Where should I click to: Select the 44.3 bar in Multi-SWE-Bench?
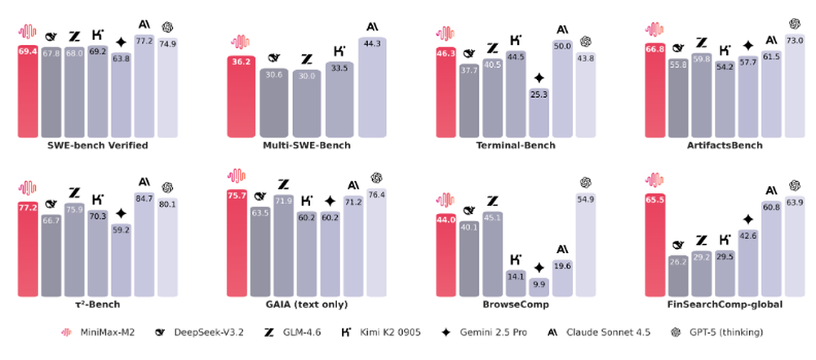(x=371, y=90)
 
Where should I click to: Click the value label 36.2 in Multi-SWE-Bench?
(x=241, y=60)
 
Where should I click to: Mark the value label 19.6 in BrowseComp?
(x=561, y=265)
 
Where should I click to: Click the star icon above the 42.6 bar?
(x=747, y=219)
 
